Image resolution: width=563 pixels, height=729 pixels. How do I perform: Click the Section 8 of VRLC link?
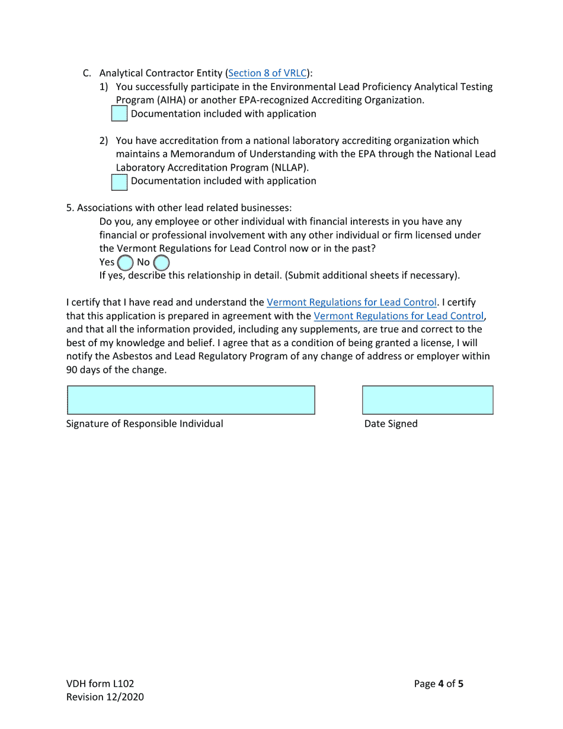(267, 73)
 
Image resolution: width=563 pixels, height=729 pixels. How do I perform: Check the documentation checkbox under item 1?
(119, 114)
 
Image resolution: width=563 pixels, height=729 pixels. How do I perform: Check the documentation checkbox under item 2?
(119, 181)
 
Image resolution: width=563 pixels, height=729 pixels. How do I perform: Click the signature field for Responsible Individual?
(190, 400)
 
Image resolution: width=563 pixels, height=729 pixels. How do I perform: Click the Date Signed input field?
(427, 400)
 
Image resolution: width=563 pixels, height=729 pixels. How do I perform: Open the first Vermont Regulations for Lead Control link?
(351, 303)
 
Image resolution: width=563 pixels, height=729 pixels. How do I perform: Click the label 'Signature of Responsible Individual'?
(145, 424)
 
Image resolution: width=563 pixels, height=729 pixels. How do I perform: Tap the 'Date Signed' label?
(391, 424)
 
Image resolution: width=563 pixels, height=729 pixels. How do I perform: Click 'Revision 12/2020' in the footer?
(104, 698)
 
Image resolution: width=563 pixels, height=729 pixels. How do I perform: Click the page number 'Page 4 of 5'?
(439, 684)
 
